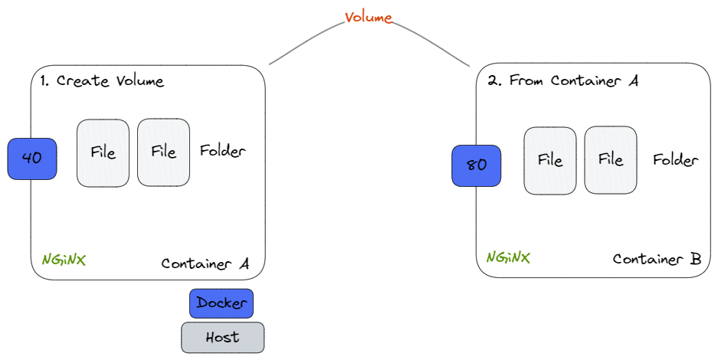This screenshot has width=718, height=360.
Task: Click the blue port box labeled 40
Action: point(32,159)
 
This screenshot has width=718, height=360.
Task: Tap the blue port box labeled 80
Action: point(477,165)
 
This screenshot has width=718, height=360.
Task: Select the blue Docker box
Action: point(221,303)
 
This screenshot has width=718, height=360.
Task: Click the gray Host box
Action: point(222,337)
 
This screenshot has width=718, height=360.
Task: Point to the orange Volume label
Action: point(369,18)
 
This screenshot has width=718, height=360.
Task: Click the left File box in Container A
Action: point(103,152)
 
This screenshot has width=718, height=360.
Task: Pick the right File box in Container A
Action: point(163,152)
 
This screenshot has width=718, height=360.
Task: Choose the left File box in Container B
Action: point(550,160)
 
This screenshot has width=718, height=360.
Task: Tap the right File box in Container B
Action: point(611,160)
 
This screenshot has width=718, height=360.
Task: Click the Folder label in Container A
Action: point(222,151)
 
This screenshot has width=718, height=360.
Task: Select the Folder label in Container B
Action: point(675,160)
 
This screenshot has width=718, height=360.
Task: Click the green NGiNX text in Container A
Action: point(64,260)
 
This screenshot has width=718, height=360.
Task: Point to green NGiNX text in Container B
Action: point(508,257)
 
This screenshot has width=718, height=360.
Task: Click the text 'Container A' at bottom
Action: point(205,263)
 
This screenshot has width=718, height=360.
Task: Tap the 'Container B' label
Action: point(657,259)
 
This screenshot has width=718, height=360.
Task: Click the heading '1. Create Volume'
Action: point(101,81)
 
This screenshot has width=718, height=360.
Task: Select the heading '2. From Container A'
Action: point(562,80)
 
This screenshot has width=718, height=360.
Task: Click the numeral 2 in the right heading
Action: point(492,80)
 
